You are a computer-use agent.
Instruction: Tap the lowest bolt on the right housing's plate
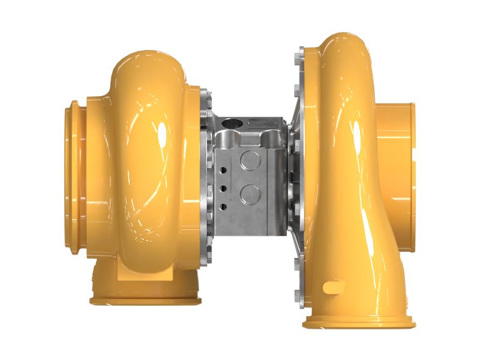(x=298, y=295)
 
